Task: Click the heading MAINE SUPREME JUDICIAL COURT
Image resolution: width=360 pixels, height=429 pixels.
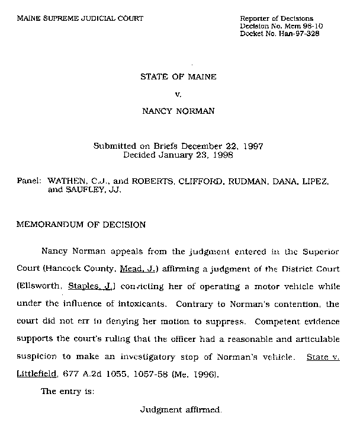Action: pyautogui.click(x=81, y=19)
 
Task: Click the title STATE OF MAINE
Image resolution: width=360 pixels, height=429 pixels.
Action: pyautogui.click(x=178, y=77)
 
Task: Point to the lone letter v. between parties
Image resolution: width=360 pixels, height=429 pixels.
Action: pyautogui.click(x=178, y=94)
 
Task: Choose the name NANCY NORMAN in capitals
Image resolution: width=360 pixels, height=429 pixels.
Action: pyautogui.click(x=178, y=111)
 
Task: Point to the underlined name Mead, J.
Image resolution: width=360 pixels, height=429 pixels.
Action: pyautogui.click(x=139, y=268)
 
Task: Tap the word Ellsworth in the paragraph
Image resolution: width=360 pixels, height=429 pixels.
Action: pyautogui.click(x=42, y=287)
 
